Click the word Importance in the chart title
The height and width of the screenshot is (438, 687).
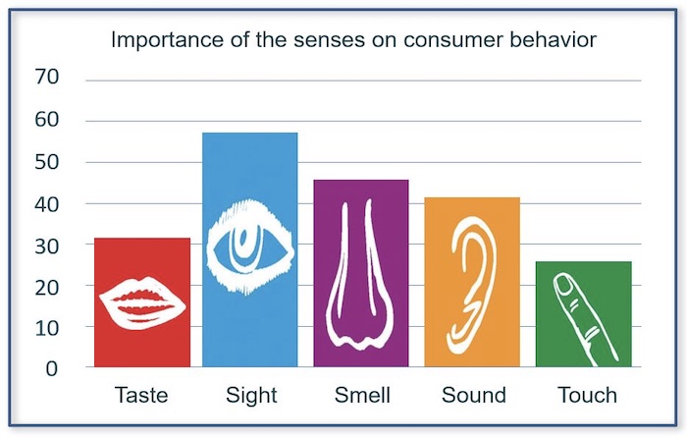coord(167,41)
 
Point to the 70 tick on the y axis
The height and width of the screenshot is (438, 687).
coord(46,77)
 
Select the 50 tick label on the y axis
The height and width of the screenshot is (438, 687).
coord(46,162)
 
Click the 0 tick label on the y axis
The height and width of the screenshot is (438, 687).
coord(52,369)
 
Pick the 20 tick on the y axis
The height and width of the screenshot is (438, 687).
coord(46,288)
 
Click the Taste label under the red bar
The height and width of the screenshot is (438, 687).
coord(141,395)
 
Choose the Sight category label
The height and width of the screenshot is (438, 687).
coord(251,396)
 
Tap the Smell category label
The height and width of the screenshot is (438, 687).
coord(362,395)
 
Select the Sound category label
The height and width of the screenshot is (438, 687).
coord(474,395)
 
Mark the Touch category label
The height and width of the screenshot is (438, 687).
coord(587,395)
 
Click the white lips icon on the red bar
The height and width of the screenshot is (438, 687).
coord(142,302)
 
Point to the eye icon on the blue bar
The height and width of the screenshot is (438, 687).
coord(249,246)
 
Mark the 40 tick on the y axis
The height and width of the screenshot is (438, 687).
coord(46,204)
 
